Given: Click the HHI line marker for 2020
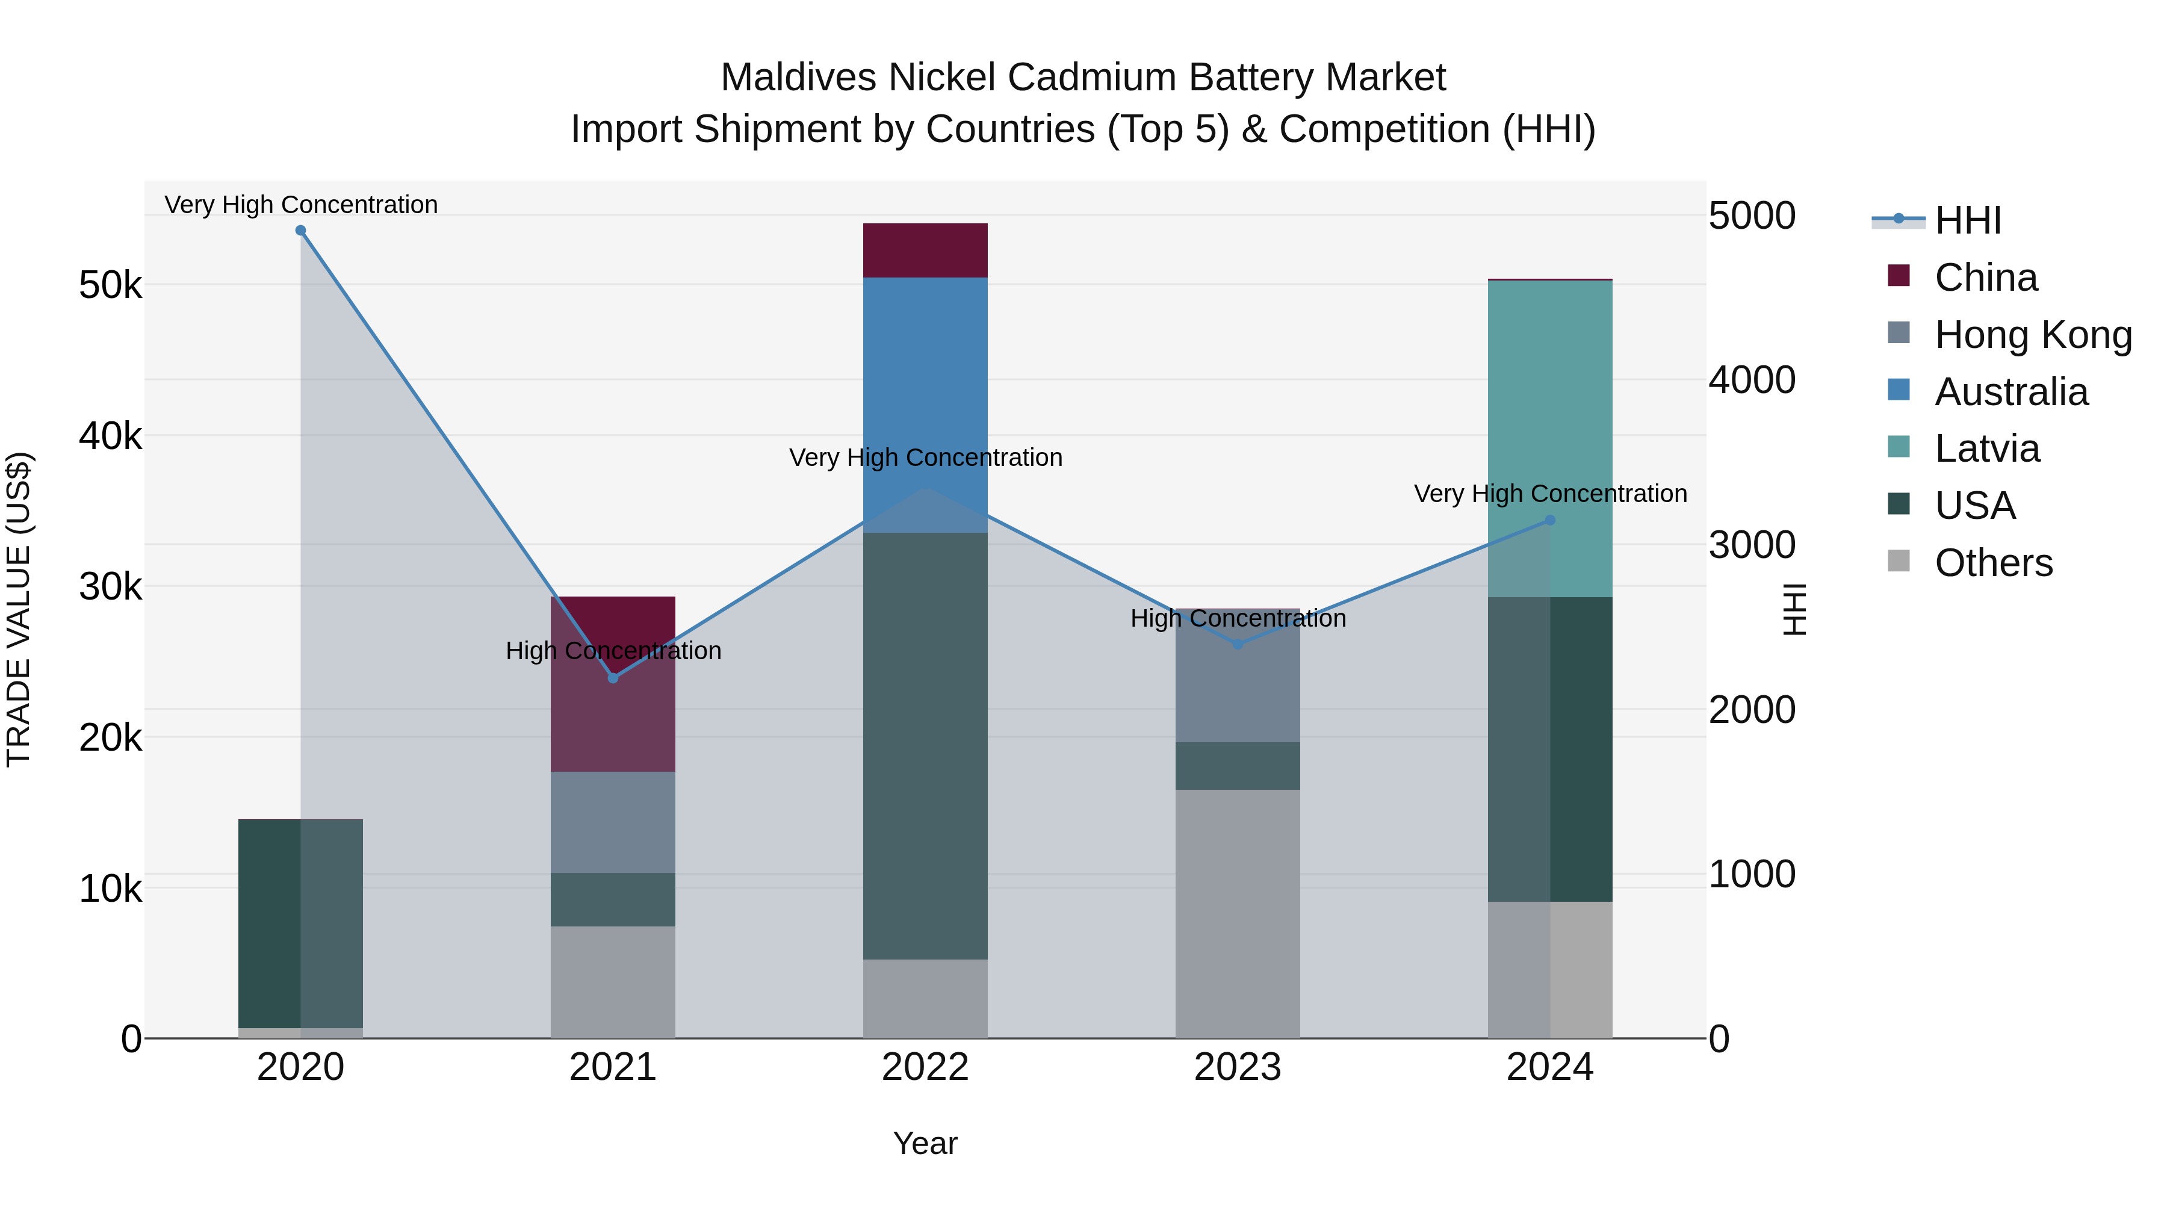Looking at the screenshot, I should click(x=300, y=231).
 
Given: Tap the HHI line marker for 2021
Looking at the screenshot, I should click(x=613, y=678).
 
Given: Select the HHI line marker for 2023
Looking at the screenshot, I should click(x=1238, y=644).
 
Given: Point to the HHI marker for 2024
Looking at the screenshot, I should click(x=1551, y=521).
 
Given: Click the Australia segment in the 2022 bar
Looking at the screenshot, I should click(x=925, y=404).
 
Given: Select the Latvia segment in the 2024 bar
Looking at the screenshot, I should click(x=1551, y=438).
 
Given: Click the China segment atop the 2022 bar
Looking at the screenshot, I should click(x=925, y=250).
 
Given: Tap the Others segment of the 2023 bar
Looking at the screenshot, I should click(x=1238, y=913).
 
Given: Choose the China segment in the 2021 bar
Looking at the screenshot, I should click(x=613, y=683).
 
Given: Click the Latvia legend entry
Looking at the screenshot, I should click(x=1987, y=448).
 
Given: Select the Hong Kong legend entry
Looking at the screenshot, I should click(x=2032, y=335).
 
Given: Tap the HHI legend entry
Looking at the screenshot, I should click(x=1967, y=220).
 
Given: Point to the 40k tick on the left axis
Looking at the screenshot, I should click(x=110, y=436).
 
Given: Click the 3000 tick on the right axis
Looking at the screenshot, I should click(x=1752, y=545).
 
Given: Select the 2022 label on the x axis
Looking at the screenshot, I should click(x=925, y=1067).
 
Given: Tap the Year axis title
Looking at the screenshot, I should click(x=925, y=1143).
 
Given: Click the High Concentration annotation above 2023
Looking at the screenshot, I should click(x=1238, y=618).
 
